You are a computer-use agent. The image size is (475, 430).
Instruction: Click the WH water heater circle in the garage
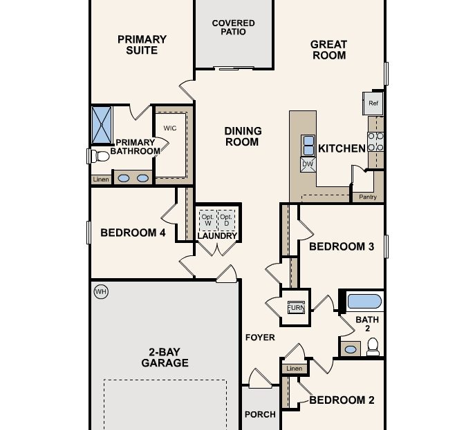(101, 292)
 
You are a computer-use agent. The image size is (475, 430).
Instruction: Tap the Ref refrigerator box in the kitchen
(373, 104)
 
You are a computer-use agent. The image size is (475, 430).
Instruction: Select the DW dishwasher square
(308, 164)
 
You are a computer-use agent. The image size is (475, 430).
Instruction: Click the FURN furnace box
(295, 307)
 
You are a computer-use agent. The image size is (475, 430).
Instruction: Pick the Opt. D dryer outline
(226, 220)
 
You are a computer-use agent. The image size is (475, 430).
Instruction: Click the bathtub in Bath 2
(364, 302)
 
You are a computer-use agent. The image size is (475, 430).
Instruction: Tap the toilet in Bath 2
(373, 346)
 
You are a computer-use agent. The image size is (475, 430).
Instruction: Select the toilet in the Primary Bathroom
(99, 156)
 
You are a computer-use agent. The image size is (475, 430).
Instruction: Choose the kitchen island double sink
(308, 146)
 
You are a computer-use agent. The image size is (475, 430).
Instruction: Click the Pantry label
(368, 197)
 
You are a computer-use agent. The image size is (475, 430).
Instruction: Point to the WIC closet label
(170, 128)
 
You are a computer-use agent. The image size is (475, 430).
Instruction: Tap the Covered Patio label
(233, 28)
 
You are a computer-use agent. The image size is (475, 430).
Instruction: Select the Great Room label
(328, 50)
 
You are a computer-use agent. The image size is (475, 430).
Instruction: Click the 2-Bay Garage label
(165, 357)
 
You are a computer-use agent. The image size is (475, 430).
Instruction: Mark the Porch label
(260, 414)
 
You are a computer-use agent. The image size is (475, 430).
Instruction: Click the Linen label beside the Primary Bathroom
(101, 179)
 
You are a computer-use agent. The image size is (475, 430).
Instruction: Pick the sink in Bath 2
(351, 349)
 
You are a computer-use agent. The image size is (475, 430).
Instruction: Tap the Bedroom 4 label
(133, 233)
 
